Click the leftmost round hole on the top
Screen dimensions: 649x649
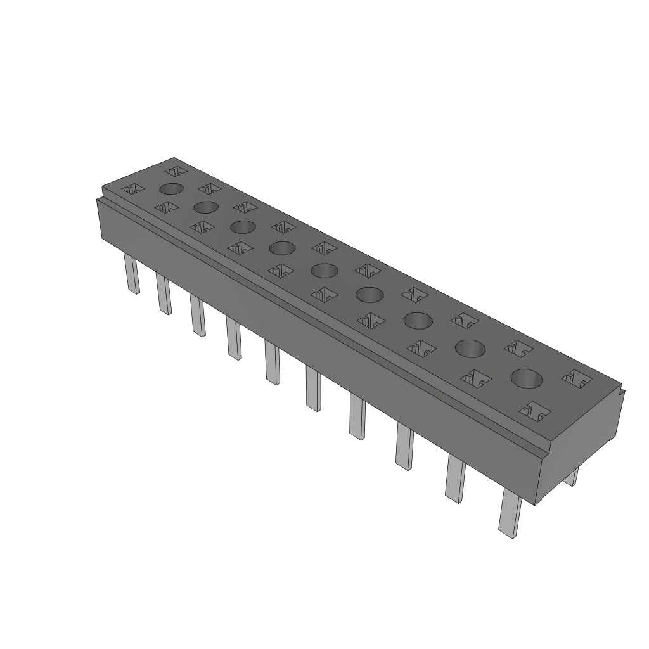point(171,188)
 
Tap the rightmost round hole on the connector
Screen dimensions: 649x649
point(527,379)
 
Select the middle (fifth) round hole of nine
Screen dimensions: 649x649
point(325,271)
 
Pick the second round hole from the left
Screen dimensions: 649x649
point(206,207)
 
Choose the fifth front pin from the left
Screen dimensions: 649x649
point(273,363)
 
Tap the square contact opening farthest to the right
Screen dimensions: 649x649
point(577,378)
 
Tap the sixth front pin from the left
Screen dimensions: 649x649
point(312,388)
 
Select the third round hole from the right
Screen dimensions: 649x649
point(418,321)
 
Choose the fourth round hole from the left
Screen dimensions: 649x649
point(282,248)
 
